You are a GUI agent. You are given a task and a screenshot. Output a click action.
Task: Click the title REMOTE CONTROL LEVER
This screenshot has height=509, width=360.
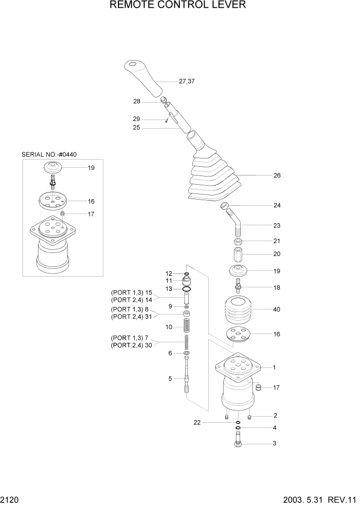point(178,6)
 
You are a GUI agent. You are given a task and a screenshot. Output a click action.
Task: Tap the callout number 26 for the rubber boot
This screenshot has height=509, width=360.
point(277,175)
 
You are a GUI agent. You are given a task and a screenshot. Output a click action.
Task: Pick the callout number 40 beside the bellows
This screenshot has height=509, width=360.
point(277,309)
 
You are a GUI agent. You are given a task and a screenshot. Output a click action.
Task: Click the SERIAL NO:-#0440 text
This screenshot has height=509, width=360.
point(52,154)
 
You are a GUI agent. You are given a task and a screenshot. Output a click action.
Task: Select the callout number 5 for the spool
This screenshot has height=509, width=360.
point(170,379)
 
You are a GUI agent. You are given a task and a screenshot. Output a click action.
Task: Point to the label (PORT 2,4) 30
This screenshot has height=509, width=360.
point(132,345)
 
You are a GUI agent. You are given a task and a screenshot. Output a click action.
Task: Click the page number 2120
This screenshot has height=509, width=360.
point(10,499)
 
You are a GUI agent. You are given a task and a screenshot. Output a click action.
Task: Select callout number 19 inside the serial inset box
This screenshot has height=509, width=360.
point(91,168)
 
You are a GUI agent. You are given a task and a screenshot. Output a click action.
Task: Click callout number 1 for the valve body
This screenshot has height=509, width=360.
point(274,367)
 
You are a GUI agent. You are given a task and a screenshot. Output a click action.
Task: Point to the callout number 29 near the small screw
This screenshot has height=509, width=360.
point(137,119)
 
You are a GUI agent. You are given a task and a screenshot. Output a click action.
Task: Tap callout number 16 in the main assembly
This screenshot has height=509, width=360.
point(277,334)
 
